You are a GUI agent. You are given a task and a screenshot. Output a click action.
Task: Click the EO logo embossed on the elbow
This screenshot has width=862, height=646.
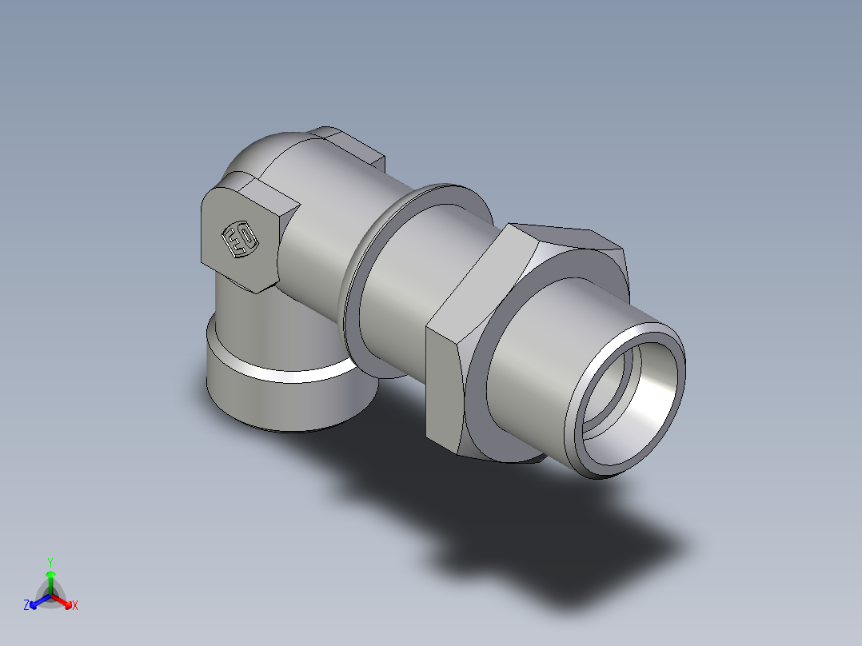(x=239, y=239)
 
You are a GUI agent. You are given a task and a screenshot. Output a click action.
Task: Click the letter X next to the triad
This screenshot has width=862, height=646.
(x=75, y=606)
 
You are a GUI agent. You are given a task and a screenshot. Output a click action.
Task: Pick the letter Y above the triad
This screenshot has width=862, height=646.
(x=50, y=562)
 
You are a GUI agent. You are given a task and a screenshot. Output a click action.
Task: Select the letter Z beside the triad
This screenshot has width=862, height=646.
(x=26, y=606)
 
